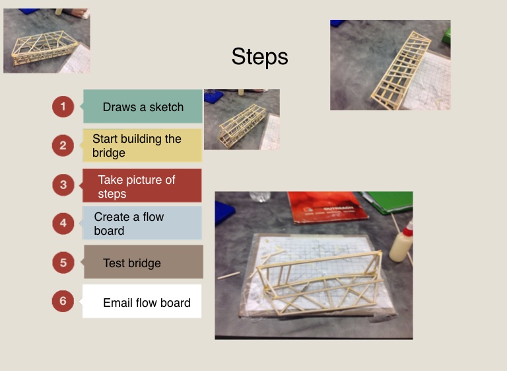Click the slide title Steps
[259, 57]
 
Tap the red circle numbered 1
[63, 106]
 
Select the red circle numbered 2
[63, 145]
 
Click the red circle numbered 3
[63, 185]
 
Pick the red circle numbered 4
[63, 224]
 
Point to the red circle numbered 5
[63, 263]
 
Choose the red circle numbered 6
[63, 301]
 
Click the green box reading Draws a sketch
[143, 106]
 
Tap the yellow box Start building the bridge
[142, 145]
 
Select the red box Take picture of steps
[141, 185]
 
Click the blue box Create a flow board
[142, 224]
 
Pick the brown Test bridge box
[143, 262]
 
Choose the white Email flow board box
[141, 302]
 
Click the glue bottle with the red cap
[402, 241]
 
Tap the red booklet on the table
[327, 208]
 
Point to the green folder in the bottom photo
[388, 202]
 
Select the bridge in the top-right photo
[401, 70]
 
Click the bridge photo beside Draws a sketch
[242, 120]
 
